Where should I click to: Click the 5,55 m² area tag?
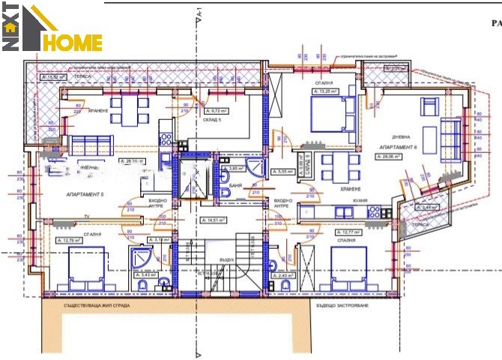pos(282,172)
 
